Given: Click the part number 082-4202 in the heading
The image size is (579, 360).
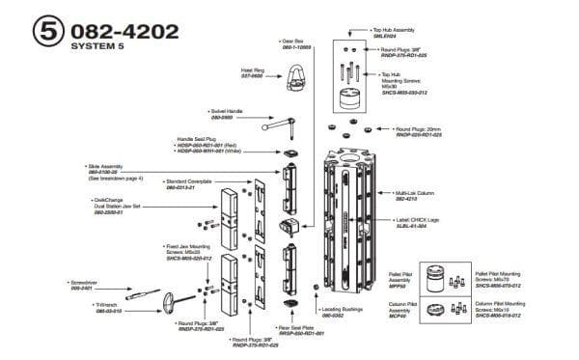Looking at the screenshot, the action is (122, 31).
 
